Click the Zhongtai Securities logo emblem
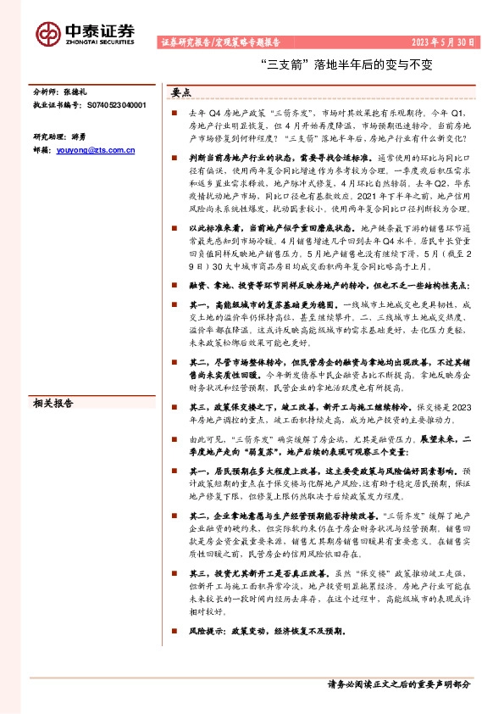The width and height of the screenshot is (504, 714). click(48, 33)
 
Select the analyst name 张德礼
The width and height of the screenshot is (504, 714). click(79, 89)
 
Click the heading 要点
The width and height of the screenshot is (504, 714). click(181, 92)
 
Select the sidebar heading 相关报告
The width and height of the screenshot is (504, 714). click(53, 404)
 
